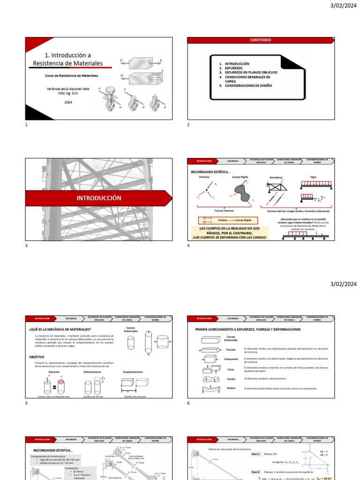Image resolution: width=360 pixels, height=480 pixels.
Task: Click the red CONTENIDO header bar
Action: [x=260, y=40]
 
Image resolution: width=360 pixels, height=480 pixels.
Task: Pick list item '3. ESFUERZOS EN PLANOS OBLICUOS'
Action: [x=251, y=73]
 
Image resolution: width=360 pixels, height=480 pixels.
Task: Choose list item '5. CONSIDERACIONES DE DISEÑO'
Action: [x=248, y=86]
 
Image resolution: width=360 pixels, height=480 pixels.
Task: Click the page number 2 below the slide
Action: [x=188, y=125]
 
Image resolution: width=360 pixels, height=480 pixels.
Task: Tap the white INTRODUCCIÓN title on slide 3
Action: [x=99, y=198]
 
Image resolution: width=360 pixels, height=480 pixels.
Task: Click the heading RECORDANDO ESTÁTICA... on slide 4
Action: [x=210, y=172]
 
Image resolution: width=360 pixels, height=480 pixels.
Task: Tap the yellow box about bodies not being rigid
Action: [x=230, y=232]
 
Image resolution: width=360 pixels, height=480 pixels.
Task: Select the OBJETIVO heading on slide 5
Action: [x=37, y=357]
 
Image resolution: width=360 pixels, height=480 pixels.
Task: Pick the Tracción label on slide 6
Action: [x=231, y=350]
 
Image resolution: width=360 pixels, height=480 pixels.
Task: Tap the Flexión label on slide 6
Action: [x=231, y=388]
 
